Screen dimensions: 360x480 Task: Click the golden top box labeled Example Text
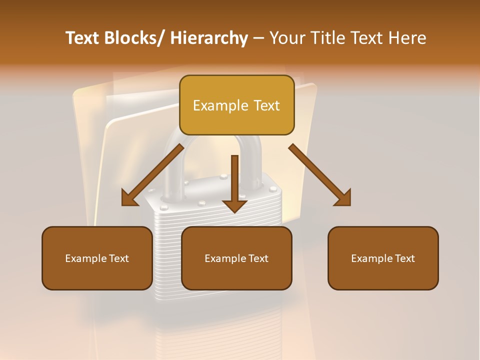(x=236, y=105)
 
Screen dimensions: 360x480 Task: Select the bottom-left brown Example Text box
(x=97, y=258)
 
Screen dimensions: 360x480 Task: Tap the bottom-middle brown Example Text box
(x=236, y=258)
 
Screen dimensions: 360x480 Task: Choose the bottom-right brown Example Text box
(x=383, y=258)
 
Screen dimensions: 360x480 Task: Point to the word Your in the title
(x=287, y=38)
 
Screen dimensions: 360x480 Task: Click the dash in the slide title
(x=258, y=38)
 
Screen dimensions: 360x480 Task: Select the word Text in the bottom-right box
(x=404, y=258)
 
